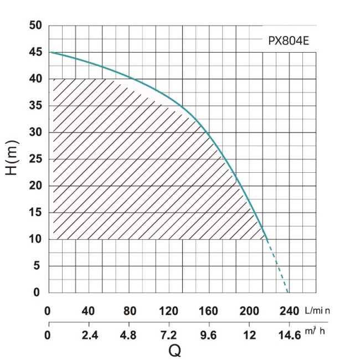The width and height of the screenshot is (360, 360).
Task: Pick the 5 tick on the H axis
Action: (x=37, y=266)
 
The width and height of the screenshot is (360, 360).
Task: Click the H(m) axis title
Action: (x=13, y=160)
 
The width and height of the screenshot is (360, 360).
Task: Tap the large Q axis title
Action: (x=174, y=349)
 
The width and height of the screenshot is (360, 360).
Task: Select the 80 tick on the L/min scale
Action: (x=130, y=310)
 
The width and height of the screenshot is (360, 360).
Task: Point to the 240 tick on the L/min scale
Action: (x=290, y=310)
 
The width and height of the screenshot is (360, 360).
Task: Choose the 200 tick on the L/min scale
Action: (x=249, y=310)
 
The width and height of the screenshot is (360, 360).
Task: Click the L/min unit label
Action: (x=317, y=310)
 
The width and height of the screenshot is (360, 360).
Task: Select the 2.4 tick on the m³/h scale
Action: (x=90, y=335)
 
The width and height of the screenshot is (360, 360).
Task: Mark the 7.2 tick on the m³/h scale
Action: (x=169, y=335)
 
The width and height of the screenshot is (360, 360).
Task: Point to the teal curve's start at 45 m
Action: (x=50, y=53)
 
